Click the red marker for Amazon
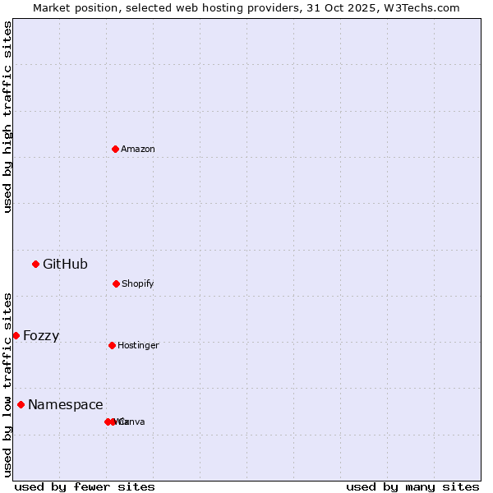tap(115, 149)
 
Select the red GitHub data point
tap(35, 264)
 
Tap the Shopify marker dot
tap(116, 283)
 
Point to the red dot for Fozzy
tap(16, 335)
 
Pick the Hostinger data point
tap(112, 345)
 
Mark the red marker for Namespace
tap(21, 404)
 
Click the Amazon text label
tap(138, 149)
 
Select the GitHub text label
tap(65, 264)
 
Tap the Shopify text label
tap(138, 283)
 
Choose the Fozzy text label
tap(41, 335)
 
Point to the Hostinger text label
tap(138, 345)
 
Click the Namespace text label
tap(66, 404)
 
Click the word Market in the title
tap(53, 7)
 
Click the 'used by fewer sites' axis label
tap(85, 486)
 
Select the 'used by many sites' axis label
tap(412, 486)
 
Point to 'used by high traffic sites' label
tap(7, 117)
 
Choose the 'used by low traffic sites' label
tap(7, 384)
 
